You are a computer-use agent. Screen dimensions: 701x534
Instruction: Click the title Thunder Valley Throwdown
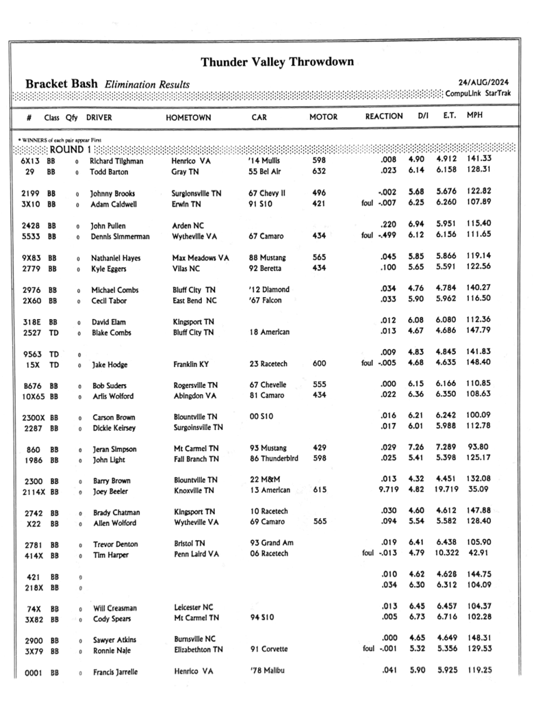pos(277,62)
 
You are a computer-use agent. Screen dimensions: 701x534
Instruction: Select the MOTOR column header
pos(323,117)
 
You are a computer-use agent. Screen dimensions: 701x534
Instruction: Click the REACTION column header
pos(383,116)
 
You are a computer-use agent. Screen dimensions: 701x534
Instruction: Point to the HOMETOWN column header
pos(188,118)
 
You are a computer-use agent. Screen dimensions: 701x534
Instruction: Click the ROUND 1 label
pos(70,149)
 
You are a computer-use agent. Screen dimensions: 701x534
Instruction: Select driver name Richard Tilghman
pos(117,160)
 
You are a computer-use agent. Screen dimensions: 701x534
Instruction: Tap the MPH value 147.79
pos(479,333)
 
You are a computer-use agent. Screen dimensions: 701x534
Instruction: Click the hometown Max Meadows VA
pos(200,259)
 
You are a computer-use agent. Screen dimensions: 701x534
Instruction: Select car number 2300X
pos(35,418)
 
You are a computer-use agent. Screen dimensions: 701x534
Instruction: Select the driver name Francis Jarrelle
pos(115,672)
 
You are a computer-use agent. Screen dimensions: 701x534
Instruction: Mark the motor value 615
pos(319,491)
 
